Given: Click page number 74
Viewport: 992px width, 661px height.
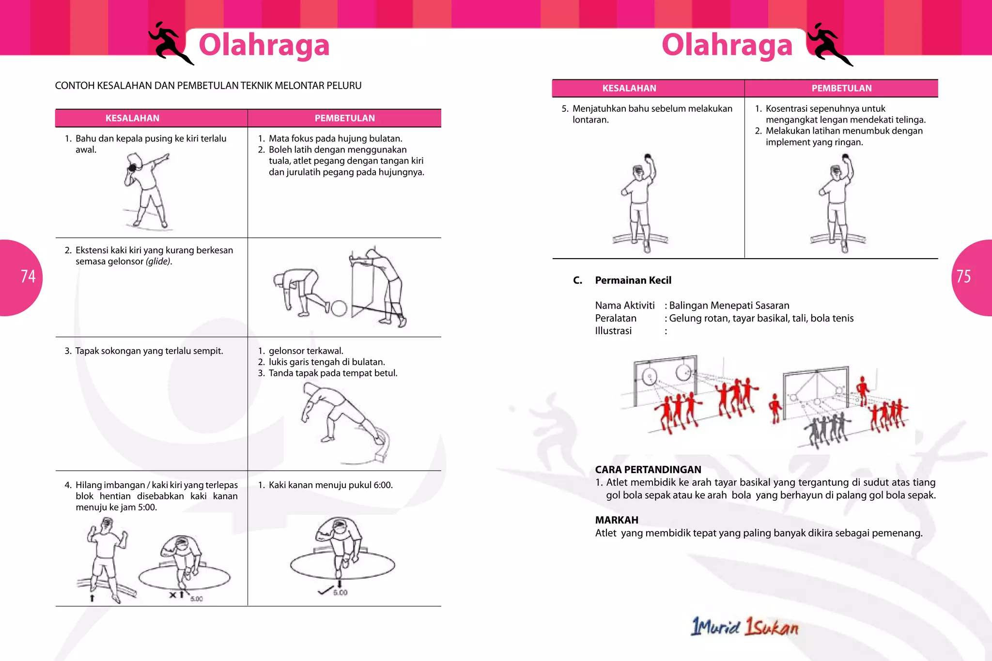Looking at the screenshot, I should click(28, 277).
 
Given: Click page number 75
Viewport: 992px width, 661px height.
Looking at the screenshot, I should click(963, 277).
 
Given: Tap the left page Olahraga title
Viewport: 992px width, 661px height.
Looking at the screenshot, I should click(264, 45).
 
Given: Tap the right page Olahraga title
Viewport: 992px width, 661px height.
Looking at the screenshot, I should click(727, 45).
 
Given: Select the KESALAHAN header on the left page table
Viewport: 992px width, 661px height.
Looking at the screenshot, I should click(132, 118).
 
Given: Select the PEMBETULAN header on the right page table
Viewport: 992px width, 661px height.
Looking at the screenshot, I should click(841, 88).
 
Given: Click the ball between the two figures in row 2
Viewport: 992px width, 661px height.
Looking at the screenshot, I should click(339, 308).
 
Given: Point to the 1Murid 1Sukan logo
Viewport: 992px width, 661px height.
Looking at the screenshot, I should click(744, 627).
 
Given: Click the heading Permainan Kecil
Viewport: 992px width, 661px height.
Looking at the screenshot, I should click(633, 280).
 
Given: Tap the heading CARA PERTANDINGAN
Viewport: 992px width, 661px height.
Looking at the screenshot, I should click(648, 469).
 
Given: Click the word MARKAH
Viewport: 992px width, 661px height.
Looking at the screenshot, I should click(616, 520).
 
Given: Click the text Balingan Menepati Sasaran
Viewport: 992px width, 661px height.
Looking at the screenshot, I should click(729, 306).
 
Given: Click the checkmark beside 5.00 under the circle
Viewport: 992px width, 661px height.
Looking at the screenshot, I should click(325, 591).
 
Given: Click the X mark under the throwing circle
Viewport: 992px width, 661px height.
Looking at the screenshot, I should click(172, 595).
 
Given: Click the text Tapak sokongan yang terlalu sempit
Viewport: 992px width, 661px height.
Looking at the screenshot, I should click(149, 351).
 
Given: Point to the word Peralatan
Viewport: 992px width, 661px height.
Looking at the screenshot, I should click(615, 318).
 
